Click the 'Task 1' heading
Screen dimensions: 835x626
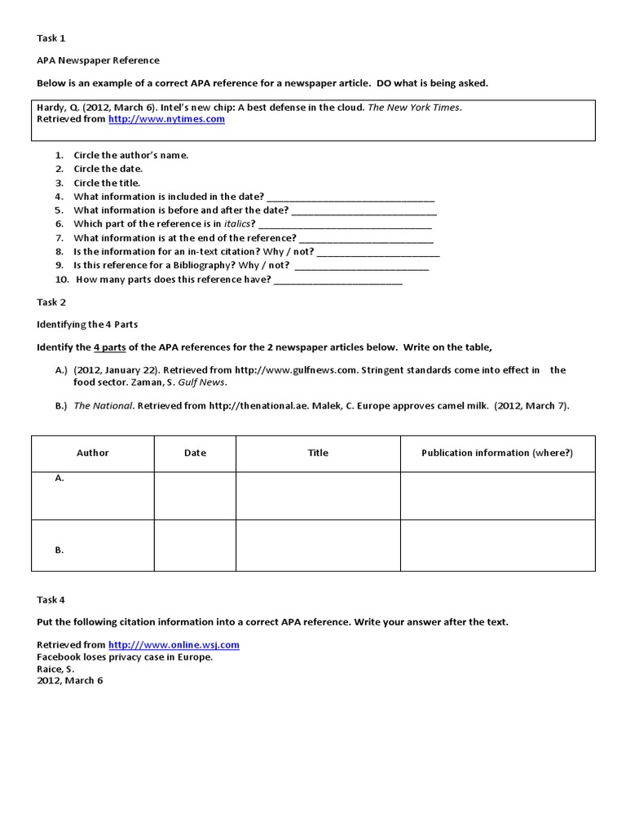click(51, 38)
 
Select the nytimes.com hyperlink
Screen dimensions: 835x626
click(166, 119)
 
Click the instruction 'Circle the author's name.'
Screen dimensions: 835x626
click(131, 155)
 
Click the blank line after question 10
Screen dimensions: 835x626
click(338, 281)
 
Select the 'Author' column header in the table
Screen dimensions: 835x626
click(92, 453)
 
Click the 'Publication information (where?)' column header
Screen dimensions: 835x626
click(497, 453)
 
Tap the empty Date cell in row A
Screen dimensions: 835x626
click(195, 495)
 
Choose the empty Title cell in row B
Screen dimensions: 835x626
click(318, 545)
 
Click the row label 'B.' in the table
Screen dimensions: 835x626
click(60, 550)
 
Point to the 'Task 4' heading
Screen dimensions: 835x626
click(51, 599)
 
